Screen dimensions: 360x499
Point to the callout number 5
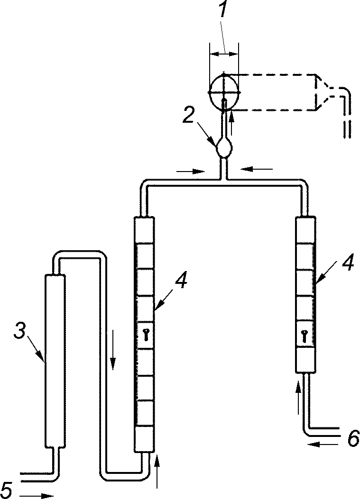7,490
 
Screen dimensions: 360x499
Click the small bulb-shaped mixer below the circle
224,148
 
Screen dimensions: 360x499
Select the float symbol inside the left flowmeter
146,335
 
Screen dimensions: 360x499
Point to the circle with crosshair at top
224,92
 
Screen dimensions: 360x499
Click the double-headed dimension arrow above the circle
224,54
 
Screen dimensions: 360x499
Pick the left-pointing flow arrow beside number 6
324,444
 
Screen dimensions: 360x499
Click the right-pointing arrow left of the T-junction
190,171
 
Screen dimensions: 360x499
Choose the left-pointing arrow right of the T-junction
257,168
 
